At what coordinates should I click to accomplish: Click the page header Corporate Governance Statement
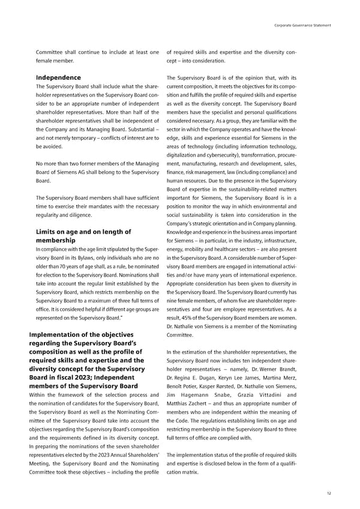click(x=302, y=24)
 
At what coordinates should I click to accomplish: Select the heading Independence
click(x=58, y=77)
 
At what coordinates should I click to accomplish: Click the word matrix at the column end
click(x=190, y=473)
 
